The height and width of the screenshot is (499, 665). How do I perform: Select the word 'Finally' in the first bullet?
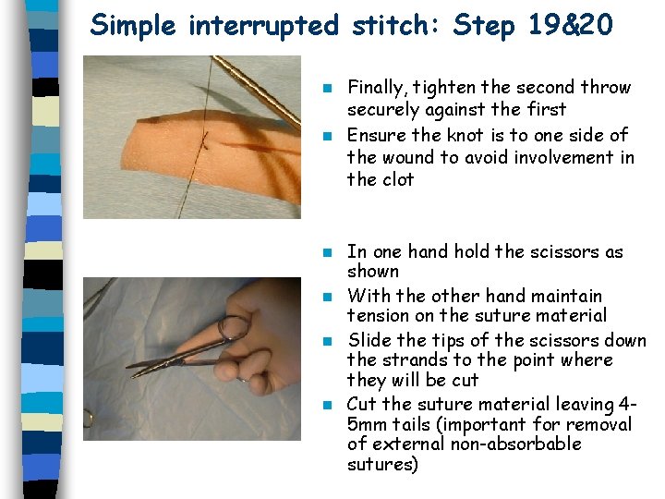pyautogui.click(x=376, y=88)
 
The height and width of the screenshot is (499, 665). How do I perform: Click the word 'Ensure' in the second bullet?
pyautogui.click(x=375, y=135)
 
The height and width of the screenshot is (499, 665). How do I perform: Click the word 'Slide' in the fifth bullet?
pyautogui.click(x=368, y=340)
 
